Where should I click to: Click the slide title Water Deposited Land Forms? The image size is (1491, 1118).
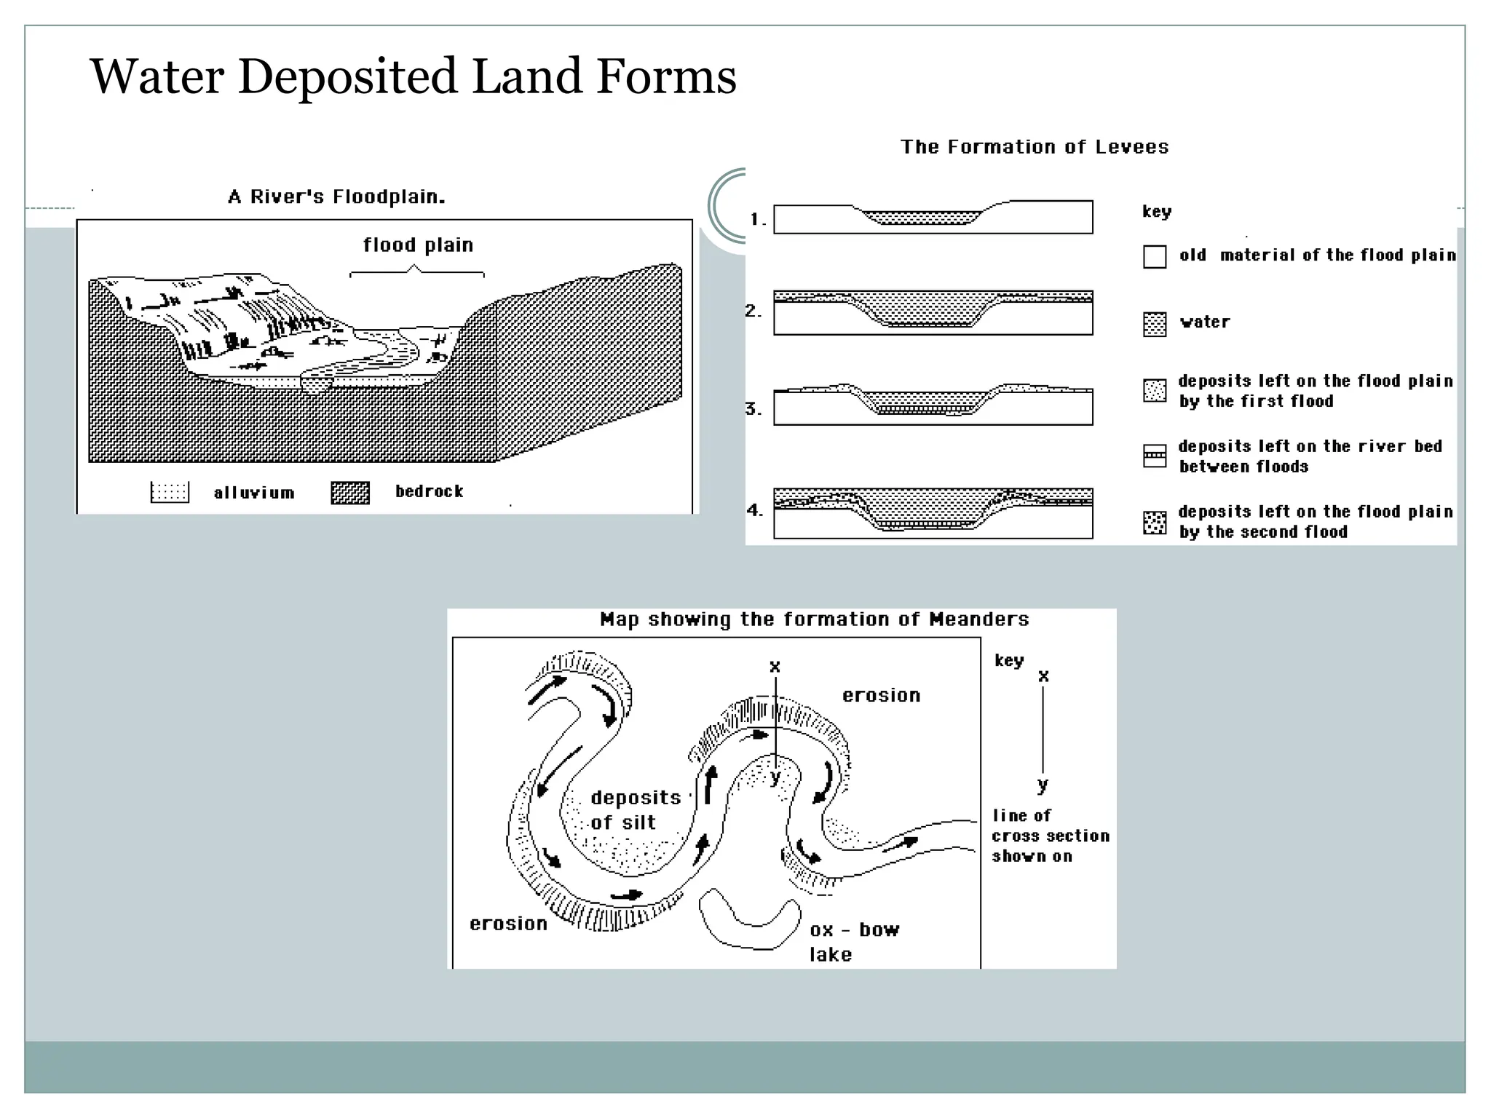413,76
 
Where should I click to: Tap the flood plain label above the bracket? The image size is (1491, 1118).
418,245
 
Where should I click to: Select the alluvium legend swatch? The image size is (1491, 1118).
170,493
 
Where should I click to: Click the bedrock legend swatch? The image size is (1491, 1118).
350,493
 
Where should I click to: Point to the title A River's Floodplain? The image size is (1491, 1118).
336,197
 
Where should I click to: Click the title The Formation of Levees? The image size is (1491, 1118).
1035,147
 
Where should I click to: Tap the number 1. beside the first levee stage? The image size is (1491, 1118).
758,219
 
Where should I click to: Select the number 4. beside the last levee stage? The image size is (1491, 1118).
755,510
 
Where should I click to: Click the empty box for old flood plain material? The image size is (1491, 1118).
1155,257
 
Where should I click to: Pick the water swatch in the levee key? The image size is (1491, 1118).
1155,324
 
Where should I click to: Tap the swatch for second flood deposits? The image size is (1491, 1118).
1155,523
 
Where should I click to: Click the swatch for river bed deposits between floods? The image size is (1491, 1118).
1155,456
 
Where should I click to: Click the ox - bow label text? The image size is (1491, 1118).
854,930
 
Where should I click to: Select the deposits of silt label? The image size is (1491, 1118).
635,810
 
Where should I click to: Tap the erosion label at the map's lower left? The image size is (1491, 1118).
508,924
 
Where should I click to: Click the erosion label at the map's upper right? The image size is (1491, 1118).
881,696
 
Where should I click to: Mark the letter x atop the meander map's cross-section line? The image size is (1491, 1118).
775,667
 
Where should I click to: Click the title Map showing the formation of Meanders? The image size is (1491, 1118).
814,620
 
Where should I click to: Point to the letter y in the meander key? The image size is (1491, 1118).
1043,785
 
